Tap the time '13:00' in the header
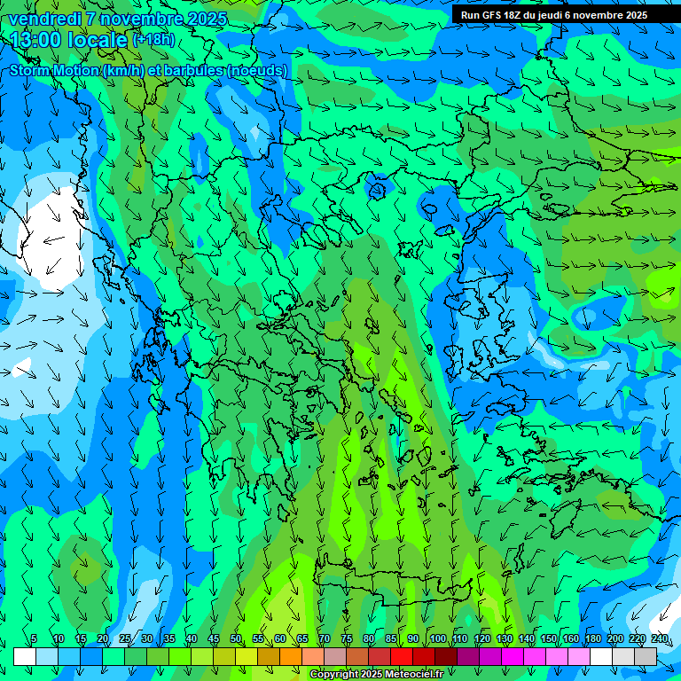click(x=35, y=39)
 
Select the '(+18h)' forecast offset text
click(x=153, y=39)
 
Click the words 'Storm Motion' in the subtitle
click(x=54, y=70)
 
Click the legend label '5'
click(x=34, y=639)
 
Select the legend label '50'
click(x=235, y=639)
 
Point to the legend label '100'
click(x=437, y=639)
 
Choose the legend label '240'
click(x=659, y=639)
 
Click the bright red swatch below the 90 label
click(x=403, y=656)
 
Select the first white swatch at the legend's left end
click(x=25, y=656)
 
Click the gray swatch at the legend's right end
click(x=646, y=656)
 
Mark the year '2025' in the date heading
click(x=200, y=19)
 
